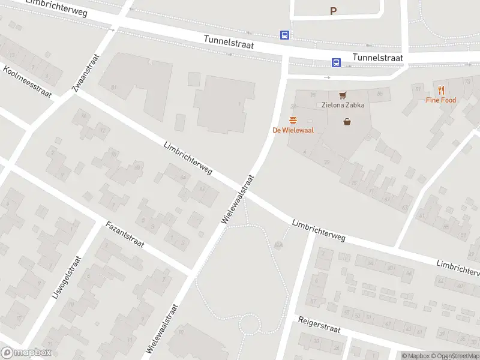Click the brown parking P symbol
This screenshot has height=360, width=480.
click(x=334, y=11)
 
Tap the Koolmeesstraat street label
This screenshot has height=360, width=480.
click(x=27, y=82)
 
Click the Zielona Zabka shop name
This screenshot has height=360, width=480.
click(x=343, y=105)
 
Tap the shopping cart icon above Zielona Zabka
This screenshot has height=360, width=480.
click(x=343, y=95)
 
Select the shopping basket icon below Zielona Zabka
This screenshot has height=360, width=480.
click(x=347, y=122)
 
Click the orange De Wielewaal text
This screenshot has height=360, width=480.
click(x=293, y=130)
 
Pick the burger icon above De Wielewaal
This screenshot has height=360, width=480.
click(x=293, y=120)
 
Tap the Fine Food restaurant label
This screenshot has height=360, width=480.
click(x=441, y=100)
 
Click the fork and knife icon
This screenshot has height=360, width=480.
click(x=441, y=90)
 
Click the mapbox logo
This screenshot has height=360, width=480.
click(x=26, y=353)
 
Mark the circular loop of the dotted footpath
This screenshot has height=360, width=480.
click(x=250, y=325)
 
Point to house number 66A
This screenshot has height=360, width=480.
click(x=278, y=245)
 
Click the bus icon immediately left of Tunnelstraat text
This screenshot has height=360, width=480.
click(x=284, y=35)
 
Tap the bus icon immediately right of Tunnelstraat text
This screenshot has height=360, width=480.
click(x=337, y=62)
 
